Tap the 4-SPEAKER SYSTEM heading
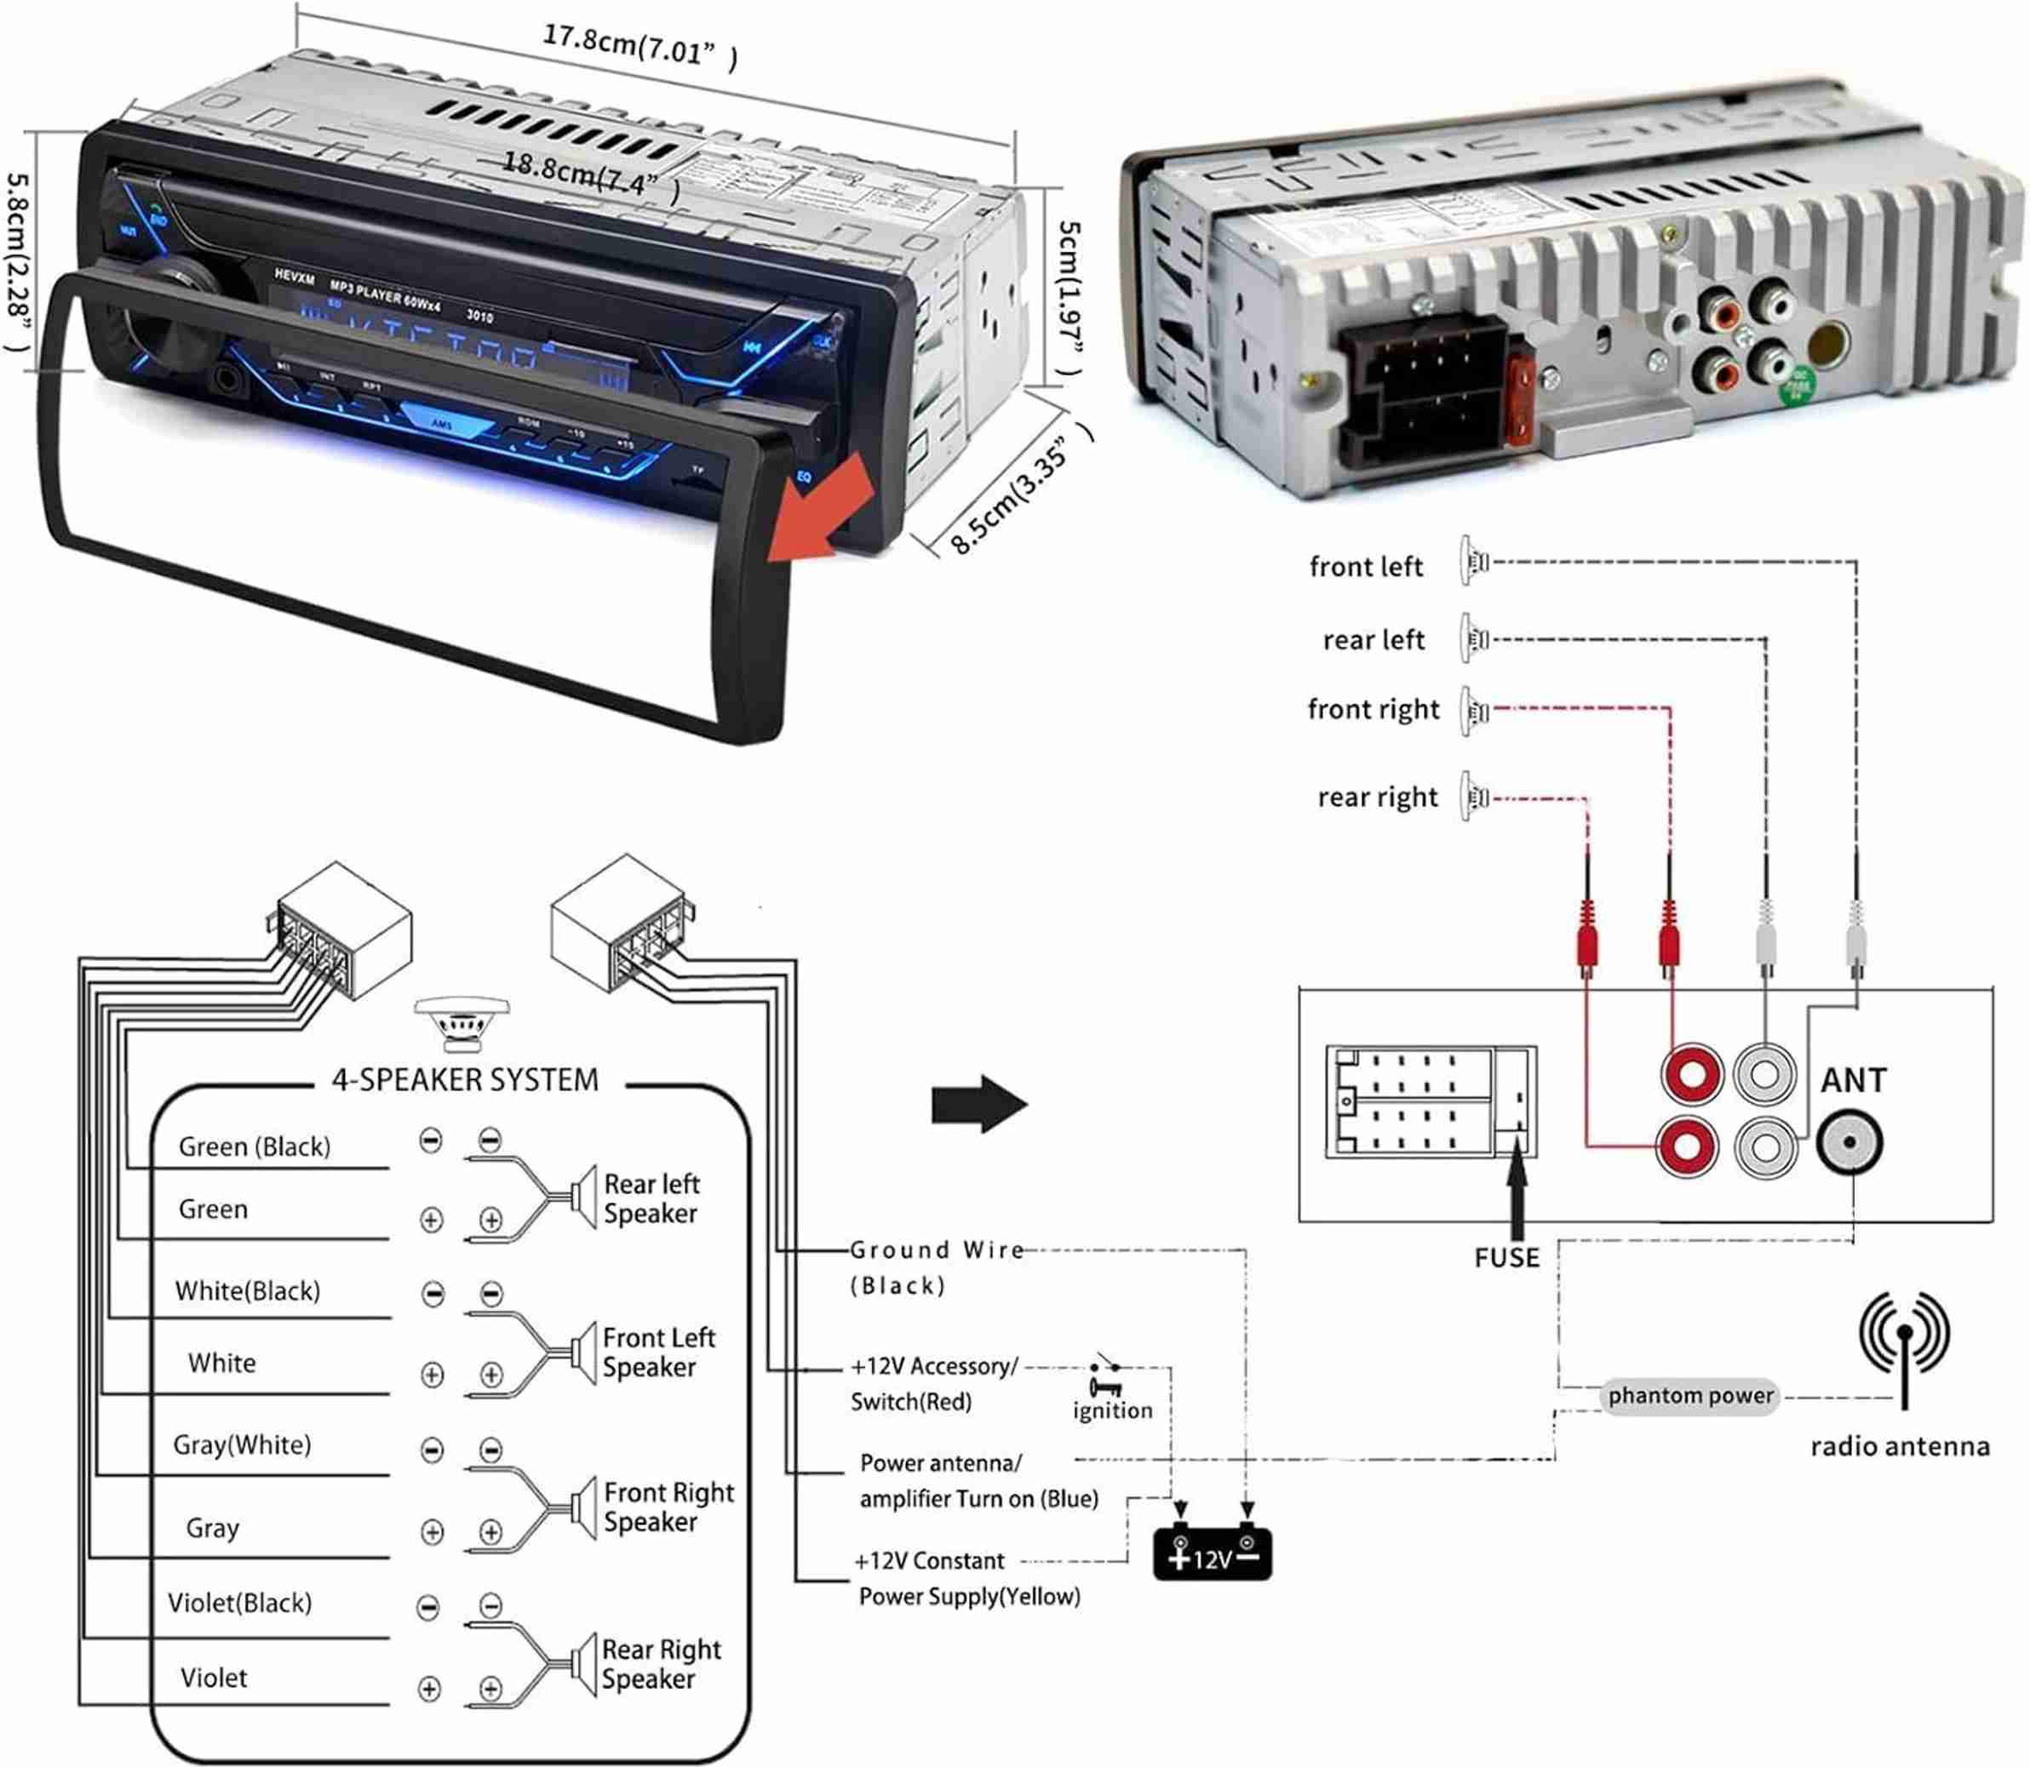tap(465, 1080)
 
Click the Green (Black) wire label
tap(254, 1146)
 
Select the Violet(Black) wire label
tap(239, 1603)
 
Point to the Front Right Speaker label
tap(668, 1506)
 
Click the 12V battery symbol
tap(1212, 1556)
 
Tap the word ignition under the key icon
tap(1112, 1410)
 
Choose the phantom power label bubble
tap(1689, 1395)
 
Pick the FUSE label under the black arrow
tap(1506, 1257)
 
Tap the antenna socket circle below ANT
tap(1849, 1142)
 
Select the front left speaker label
tap(1365, 567)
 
